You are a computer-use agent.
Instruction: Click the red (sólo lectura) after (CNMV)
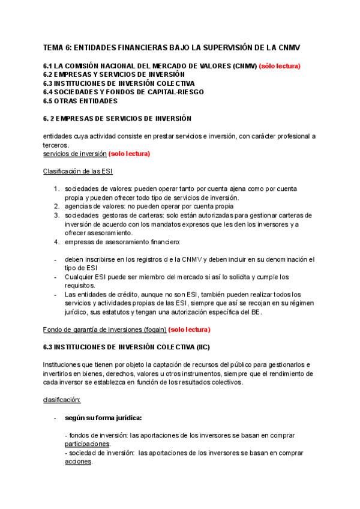point(280,66)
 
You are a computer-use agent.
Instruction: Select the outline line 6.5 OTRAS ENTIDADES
point(80,101)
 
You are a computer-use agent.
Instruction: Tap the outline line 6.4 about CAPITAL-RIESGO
point(124,92)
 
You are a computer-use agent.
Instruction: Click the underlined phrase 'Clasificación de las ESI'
point(78,171)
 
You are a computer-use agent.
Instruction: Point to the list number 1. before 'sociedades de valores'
point(56,189)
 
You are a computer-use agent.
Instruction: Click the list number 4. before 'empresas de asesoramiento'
point(56,242)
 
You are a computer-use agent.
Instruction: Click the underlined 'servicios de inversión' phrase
point(74,154)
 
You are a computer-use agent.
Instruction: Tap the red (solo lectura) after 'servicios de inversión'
point(129,154)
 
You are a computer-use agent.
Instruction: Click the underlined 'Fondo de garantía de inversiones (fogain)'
point(104,330)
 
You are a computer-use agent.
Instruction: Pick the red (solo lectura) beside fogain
point(190,330)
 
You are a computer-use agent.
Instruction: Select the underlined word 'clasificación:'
point(62,400)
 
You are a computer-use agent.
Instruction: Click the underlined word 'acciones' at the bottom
point(77,462)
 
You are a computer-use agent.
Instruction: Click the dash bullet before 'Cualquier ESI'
point(56,277)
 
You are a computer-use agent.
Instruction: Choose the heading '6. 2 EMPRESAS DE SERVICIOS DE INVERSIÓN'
point(117,118)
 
